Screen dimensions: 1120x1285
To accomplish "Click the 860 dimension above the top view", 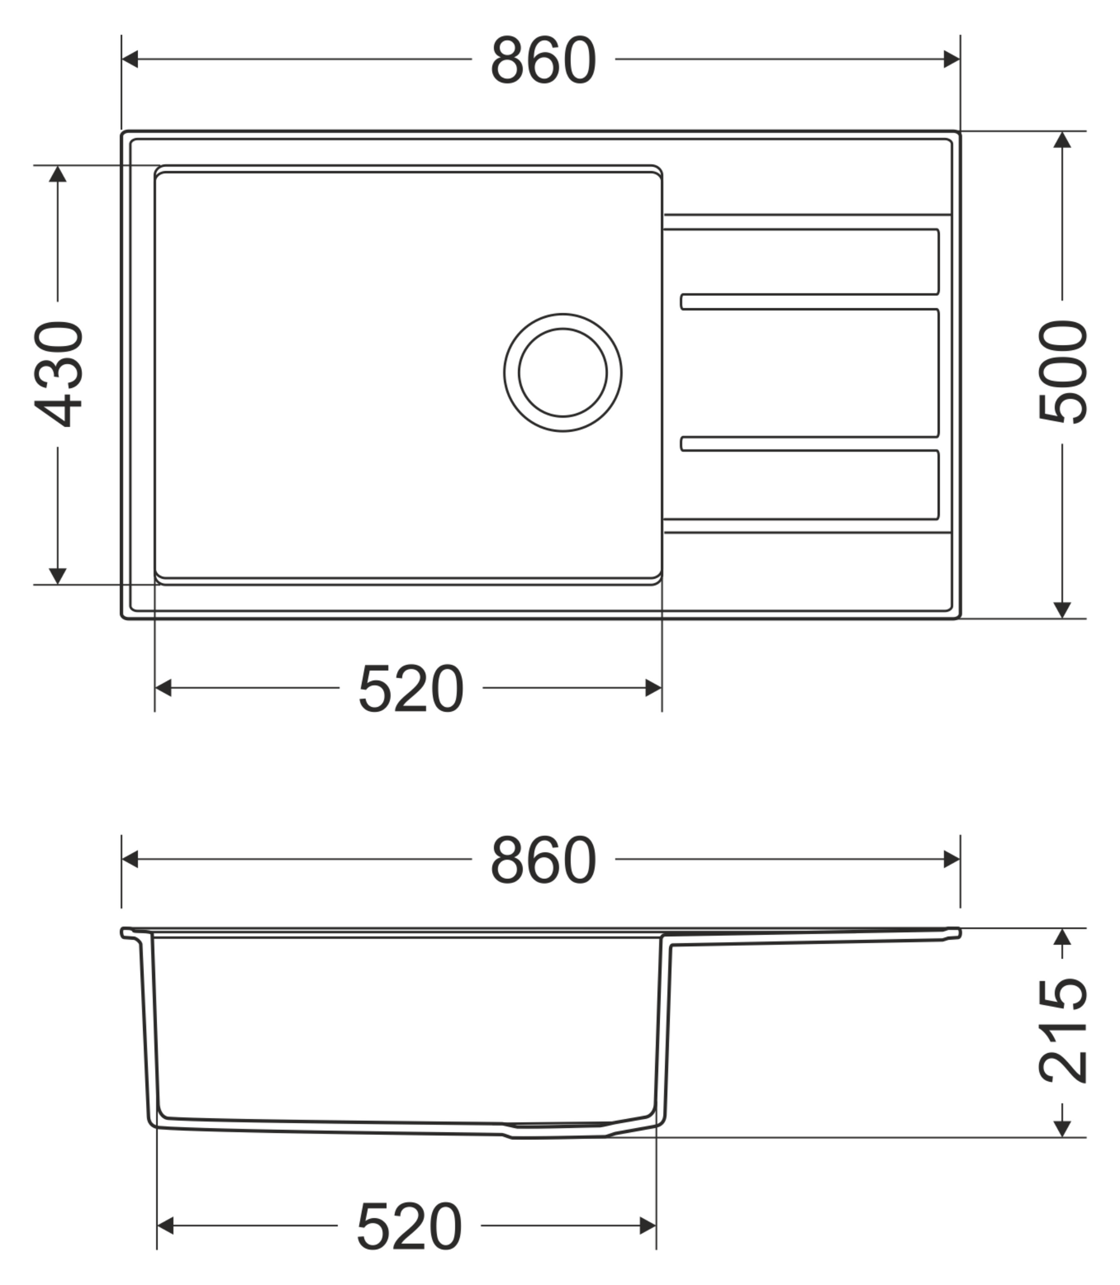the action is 543,60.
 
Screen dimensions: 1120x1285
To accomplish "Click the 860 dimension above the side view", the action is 543,860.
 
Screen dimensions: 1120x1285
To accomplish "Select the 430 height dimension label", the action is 58,373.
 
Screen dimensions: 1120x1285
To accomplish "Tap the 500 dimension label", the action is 1062,372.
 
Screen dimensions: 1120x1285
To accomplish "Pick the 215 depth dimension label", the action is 1062,1030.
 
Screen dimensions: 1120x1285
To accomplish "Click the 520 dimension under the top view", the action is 410,689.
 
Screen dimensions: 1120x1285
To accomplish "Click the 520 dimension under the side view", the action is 409,1226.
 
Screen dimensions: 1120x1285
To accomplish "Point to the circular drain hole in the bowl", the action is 562,372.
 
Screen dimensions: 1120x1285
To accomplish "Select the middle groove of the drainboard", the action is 810,373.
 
